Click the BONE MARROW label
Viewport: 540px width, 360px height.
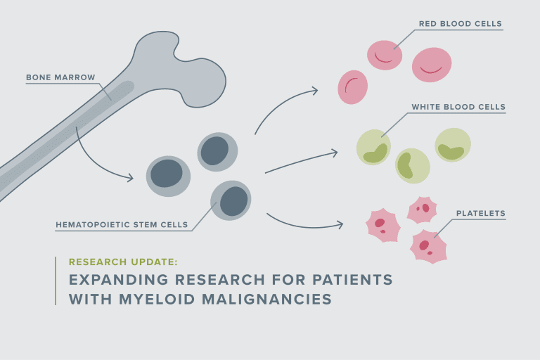60,77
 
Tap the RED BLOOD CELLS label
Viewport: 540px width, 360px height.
460,24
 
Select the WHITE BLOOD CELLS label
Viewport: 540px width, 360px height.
458,107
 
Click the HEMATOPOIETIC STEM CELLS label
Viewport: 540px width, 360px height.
122,225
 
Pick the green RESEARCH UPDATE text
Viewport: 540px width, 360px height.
123,262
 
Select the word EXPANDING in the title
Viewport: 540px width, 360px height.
116,279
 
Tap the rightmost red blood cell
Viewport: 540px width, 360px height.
431,65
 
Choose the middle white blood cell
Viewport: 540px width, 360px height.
411,166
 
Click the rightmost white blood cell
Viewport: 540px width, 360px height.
452,146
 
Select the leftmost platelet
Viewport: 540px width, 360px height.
382,224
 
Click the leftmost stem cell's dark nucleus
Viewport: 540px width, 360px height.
167,174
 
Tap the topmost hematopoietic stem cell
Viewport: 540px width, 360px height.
217,151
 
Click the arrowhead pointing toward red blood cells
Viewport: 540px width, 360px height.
314,90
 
